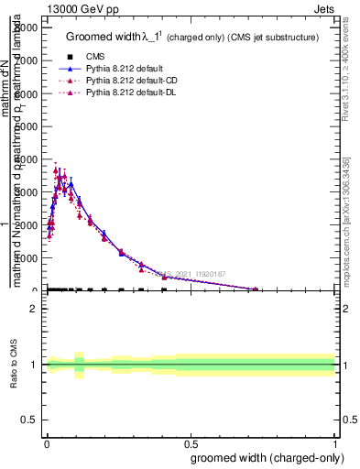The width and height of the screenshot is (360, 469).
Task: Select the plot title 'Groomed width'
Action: point(101,38)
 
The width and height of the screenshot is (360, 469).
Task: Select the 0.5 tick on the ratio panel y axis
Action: point(29,420)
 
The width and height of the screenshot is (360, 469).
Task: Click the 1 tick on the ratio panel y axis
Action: point(34,365)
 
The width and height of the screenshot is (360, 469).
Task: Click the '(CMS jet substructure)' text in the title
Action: point(273,38)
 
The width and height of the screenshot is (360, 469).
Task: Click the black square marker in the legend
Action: point(70,57)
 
